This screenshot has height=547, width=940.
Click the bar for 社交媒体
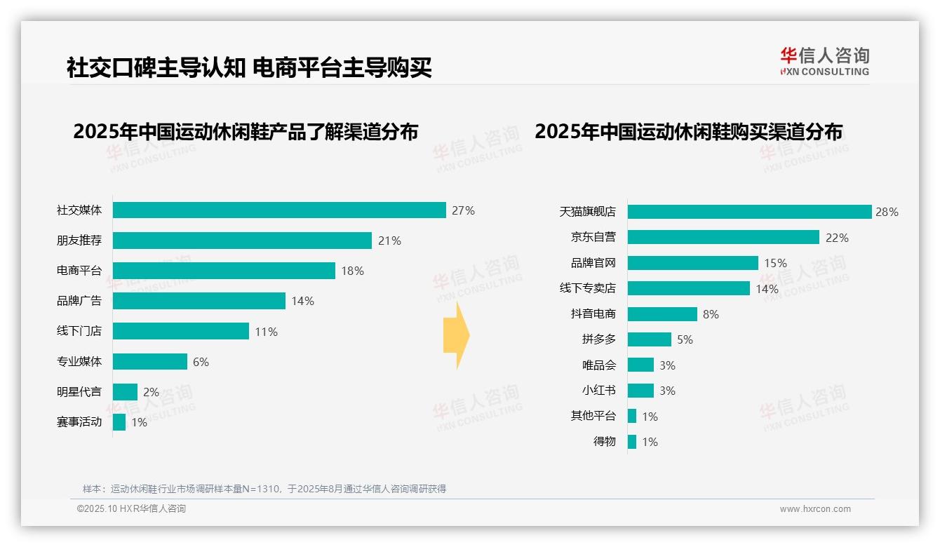[x=279, y=210]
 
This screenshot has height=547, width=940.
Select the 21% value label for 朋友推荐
[x=389, y=241]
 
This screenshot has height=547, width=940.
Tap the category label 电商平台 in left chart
[x=79, y=271]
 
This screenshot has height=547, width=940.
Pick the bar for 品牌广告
[x=199, y=301]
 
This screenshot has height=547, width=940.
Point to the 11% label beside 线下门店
[x=266, y=332]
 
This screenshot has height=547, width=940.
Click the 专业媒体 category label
[x=79, y=362]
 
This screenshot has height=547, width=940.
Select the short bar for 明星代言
[x=125, y=392]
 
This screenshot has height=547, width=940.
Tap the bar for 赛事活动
[x=119, y=422]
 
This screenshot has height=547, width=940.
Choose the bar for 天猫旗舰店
[x=749, y=212]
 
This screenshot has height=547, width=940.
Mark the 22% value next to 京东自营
[x=837, y=238]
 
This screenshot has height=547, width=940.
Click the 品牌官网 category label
[x=593, y=263]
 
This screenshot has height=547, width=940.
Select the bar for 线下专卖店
[x=689, y=288]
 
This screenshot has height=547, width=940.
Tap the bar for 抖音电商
[x=662, y=314]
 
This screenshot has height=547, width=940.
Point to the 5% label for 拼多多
[x=685, y=339]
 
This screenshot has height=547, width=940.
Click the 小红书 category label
[x=599, y=391]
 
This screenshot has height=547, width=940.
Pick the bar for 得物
[x=632, y=442]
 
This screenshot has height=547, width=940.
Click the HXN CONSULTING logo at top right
[x=824, y=62]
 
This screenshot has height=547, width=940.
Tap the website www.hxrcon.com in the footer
[x=814, y=509]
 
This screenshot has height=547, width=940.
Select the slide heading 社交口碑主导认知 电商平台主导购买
[x=249, y=68]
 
